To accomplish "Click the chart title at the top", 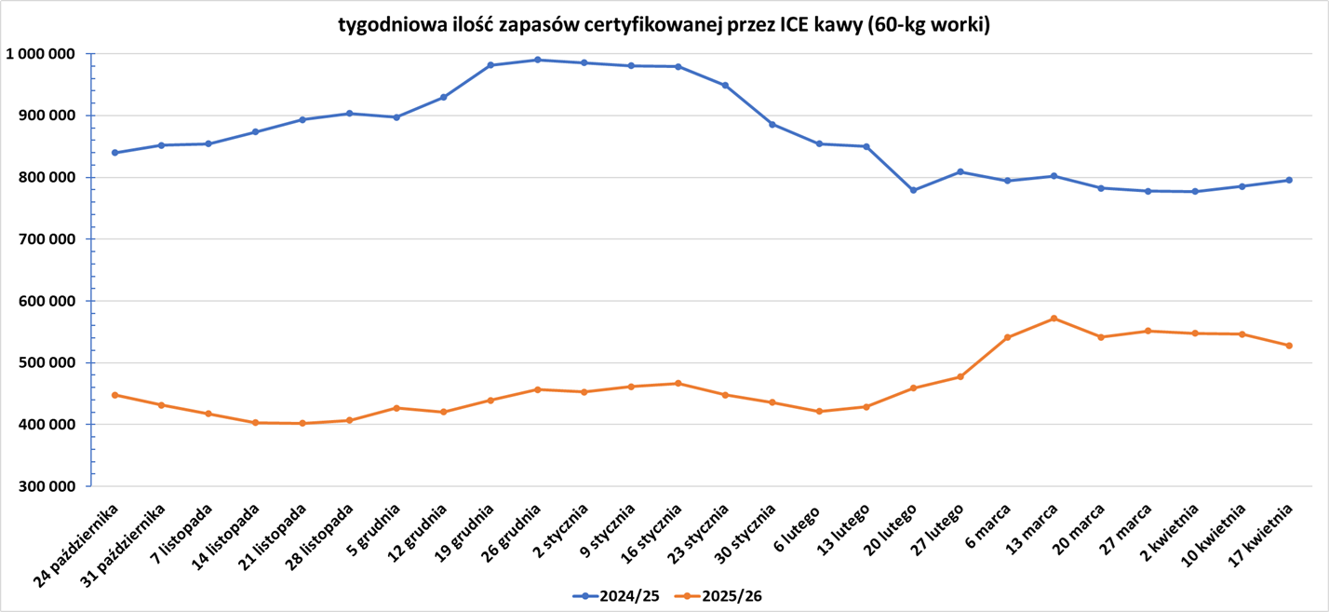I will pyautogui.click(x=664, y=25).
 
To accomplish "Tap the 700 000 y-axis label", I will pyautogui.click(x=47, y=239).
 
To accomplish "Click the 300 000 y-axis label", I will pyautogui.click(x=47, y=486).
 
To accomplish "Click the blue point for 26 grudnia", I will pyautogui.click(x=538, y=60).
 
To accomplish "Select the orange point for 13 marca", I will pyautogui.click(x=1054, y=319).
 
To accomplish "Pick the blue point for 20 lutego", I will pyautogui.click(x=913, y=190).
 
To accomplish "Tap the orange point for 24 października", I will pyautogui.click(x=115, y=395).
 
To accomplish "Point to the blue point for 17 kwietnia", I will pyautogui.click(x=1289, y=180).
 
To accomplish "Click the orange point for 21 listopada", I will pyautogui.click(x=302, y=424).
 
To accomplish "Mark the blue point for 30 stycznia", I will pyautogui.click(x=772, y=124).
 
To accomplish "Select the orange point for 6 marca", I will pyautogui.click(x=1007, y=337).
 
